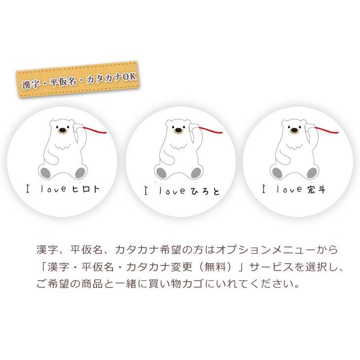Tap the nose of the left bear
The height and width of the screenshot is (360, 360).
coord(62,132)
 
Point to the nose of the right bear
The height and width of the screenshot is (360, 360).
coord(293,131)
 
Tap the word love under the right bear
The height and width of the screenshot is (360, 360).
coord(286,189)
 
